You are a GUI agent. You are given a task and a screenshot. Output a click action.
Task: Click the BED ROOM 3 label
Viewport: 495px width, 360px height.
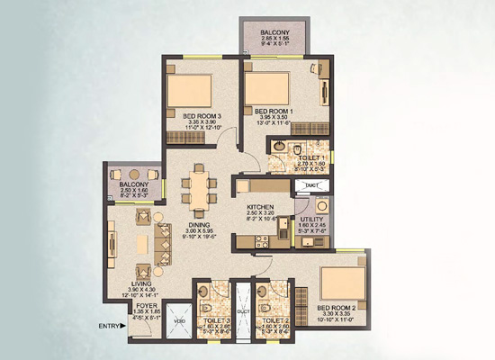[x=202, y=115]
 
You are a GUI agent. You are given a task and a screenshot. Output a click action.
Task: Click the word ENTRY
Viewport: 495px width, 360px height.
[x=109, y=327]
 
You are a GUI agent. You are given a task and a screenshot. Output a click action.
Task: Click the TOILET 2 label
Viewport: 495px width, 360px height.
[x=275, y=320]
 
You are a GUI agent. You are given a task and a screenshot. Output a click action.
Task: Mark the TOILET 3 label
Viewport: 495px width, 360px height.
[x=215, y=320]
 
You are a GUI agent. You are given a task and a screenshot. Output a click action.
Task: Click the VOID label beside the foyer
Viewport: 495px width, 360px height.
[x=179, y=319]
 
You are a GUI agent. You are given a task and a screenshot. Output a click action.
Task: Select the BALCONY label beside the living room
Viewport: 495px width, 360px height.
[x=134, y=185]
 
